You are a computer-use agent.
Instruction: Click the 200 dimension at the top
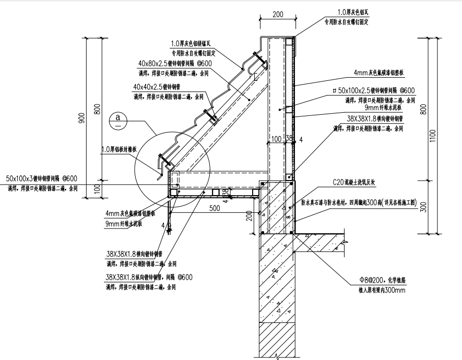(277, 15)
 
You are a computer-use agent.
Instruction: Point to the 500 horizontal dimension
(214, 209)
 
